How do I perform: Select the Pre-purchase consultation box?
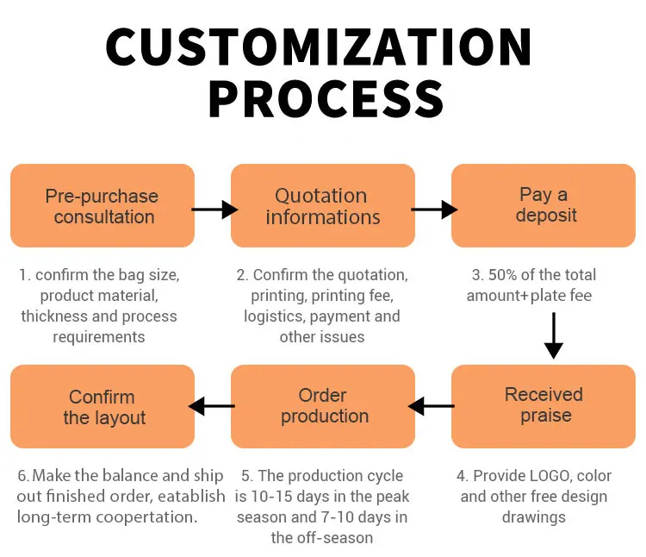tap(102, 206)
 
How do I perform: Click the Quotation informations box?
tap(323, 206)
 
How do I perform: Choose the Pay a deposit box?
tap(544, 205)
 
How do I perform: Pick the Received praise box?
tap(544, 405)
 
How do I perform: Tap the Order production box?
tap(323, 406)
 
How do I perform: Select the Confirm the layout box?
tap(102, 406)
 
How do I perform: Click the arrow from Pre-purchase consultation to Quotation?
tap(213, 209)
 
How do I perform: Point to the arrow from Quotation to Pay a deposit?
tap(433, 209)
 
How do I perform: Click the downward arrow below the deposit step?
tap(554, 335)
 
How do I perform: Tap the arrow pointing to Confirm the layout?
tap(212, 406)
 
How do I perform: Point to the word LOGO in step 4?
tap(548, 476)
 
